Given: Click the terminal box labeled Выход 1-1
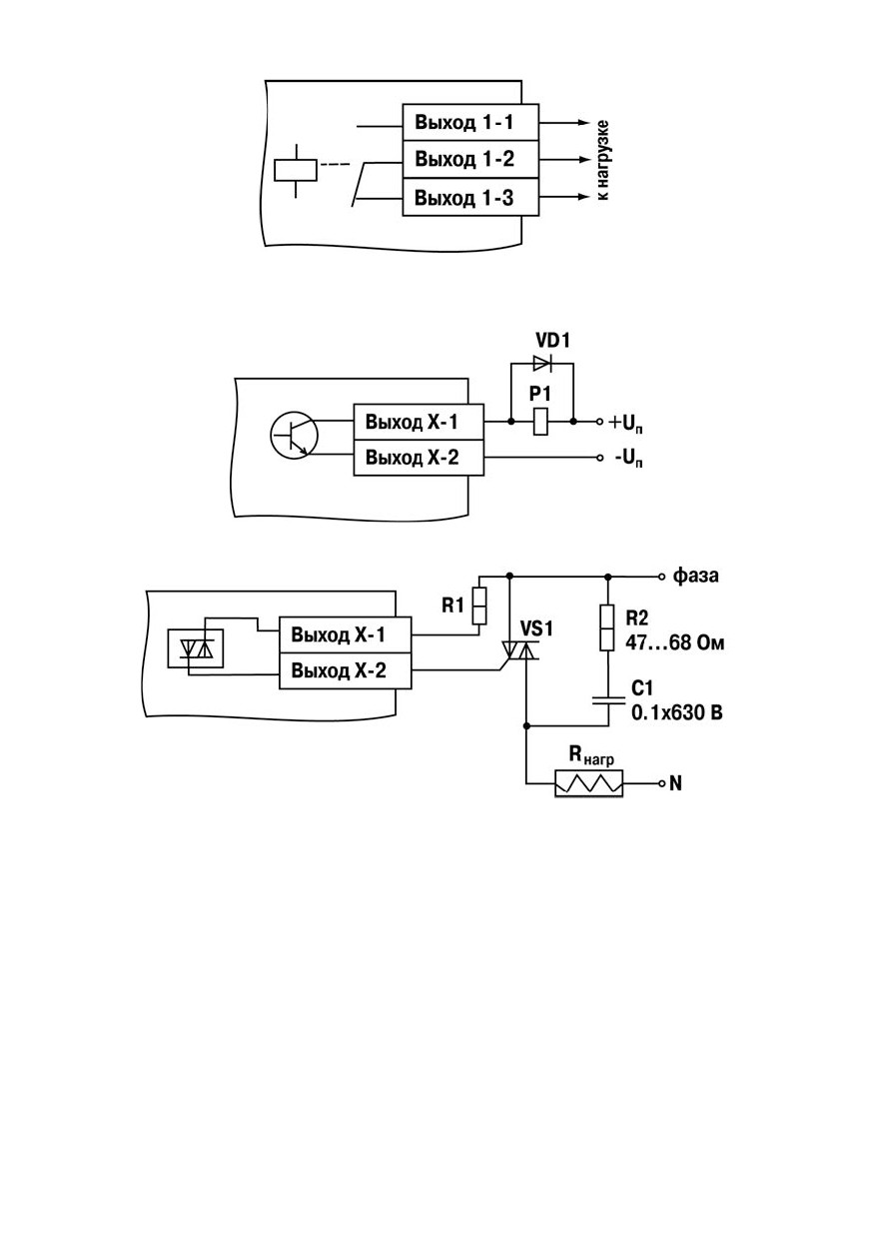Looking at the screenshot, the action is coord(469,122).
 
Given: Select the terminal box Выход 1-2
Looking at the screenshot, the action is coord(469,159).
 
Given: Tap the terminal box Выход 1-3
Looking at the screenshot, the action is coord(469,197).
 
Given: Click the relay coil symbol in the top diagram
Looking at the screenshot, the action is coord(296,170).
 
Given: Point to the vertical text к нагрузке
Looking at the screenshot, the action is coord(602,160).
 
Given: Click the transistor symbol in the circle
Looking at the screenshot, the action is coord(294,435).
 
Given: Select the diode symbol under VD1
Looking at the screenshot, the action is coord(541,363).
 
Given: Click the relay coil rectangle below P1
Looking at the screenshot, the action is coord(540,421).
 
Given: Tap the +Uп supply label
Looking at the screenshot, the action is coord(625,424).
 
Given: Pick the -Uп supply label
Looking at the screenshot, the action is coord(628,459).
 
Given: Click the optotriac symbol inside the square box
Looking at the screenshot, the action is coord(196,648).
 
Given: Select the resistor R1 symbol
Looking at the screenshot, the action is coord(479,607).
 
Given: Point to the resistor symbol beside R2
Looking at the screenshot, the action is coord(607,627).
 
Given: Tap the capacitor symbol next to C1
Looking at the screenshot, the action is coord(608,700).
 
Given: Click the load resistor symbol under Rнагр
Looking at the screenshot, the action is coord(588,783).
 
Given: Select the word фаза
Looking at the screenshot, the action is coord(695,576).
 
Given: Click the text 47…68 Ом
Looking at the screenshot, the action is coord(674,643).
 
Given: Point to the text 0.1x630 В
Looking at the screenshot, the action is coord(676,713).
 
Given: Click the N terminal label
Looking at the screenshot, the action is coord(675,783).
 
